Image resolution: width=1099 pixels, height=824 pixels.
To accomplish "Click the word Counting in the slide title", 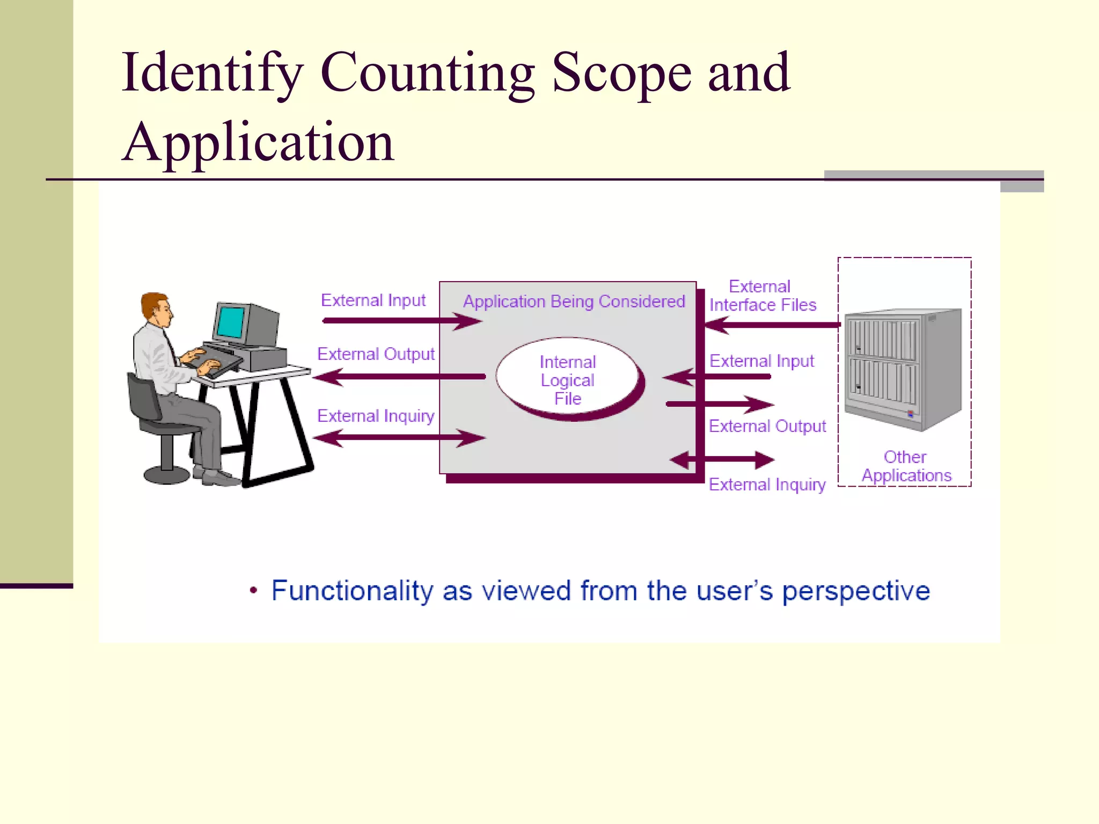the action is click(x=427, y=73).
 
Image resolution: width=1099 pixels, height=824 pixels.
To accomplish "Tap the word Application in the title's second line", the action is click(x=258, y=143).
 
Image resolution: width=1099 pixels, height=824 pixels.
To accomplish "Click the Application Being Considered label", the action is click(x=574, y=301).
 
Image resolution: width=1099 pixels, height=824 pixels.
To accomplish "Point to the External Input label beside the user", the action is click(x=373, y=300).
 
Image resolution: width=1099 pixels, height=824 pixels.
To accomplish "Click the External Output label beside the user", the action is click(x=376, y=354).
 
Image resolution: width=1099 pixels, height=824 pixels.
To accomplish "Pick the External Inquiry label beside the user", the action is click(x=376, y=416).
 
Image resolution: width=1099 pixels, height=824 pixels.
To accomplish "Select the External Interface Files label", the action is click(x=762, y=296).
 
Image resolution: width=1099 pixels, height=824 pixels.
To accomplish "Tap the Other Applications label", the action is click(x=906, y=466).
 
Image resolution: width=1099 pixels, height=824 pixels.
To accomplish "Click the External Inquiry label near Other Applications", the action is click(x=767, y=484).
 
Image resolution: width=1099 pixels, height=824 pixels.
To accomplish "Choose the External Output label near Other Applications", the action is click(x=767, y=426).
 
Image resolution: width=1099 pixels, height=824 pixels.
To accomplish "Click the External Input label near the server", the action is click(x=761, y=361).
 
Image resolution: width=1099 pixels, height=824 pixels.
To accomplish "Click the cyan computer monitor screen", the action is click(x=232, y=321).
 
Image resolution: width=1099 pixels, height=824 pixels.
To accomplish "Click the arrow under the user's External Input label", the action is click(x=401, y=321).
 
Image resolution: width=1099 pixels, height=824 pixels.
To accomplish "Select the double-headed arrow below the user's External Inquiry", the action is click(x=399, y=438).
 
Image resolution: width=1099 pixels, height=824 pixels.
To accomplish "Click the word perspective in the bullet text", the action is click(x=856, y=591).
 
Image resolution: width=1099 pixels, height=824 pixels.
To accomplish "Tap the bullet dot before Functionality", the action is click(x=254, y=591).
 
